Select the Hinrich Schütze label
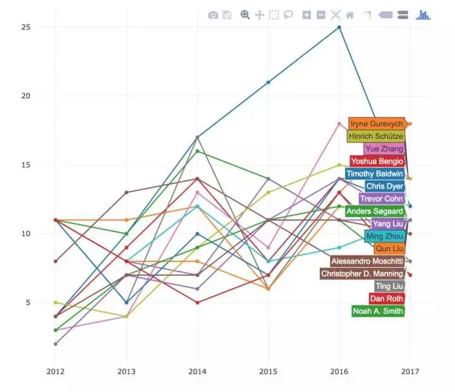375,136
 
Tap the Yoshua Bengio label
377,161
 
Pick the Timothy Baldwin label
375,174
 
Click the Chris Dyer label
384,186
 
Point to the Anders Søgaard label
375,211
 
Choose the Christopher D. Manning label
362,274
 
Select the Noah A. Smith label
378,311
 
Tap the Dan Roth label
386,299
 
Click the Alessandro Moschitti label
367,261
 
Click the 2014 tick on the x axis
198,371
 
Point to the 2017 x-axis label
410,371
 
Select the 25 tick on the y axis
26,27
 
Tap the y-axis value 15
26,165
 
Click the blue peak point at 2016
339,27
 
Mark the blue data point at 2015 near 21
269,82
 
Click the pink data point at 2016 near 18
339,124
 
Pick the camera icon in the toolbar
213,15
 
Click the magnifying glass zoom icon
245,15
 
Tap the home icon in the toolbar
349,15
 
